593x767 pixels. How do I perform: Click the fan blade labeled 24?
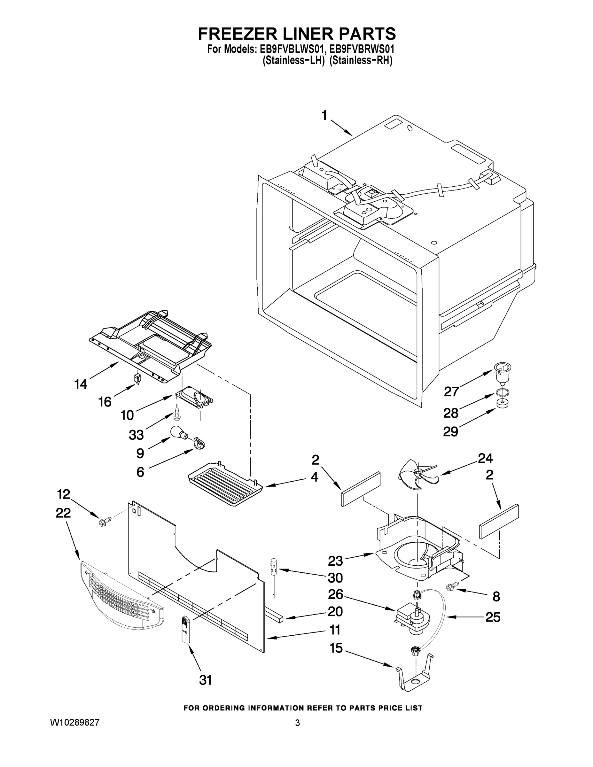[x=417, y=475]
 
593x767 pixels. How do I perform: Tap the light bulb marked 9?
[x=178, y=432]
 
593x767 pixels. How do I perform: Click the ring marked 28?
[x=503, y=393]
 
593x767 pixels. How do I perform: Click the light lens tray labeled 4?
[x=225, y=487]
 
